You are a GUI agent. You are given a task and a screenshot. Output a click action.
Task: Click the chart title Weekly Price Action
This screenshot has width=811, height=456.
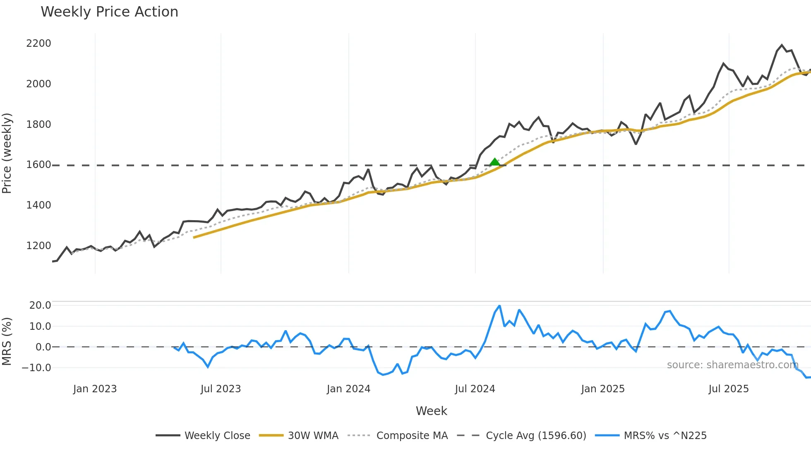[109, 12]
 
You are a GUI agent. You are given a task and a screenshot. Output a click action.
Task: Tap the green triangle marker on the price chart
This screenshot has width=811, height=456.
[494, 162]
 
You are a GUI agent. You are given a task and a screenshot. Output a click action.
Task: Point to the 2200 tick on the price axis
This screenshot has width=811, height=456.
[38, 43]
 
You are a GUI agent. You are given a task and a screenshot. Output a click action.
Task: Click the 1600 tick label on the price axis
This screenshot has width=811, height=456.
[38, 165]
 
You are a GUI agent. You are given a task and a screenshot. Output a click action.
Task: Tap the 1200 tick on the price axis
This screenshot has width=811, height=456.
[38, 246]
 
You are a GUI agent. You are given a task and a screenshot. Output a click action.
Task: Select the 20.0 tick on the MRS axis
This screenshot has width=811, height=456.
[40, 305]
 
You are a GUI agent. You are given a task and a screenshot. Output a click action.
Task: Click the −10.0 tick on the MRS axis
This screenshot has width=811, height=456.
[36, 368]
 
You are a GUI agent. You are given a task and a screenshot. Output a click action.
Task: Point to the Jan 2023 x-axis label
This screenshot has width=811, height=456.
[95, 389]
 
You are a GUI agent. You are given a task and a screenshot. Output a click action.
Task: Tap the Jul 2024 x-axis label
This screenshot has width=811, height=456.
[475, 389]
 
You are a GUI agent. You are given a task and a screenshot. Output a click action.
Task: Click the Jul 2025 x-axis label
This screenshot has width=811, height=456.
[728, 389]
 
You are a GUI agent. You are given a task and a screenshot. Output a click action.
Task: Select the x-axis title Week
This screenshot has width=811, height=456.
[431, 411]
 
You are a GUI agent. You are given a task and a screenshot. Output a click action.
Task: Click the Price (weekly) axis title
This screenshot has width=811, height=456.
[7, 153]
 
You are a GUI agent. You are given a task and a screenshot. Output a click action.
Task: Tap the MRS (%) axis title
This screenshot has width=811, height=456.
[7, 341]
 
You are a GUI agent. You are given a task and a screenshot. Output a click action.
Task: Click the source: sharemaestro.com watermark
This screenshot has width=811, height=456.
[732, 365]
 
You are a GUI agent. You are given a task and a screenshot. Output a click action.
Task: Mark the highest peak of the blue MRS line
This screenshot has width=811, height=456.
[499, 306]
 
